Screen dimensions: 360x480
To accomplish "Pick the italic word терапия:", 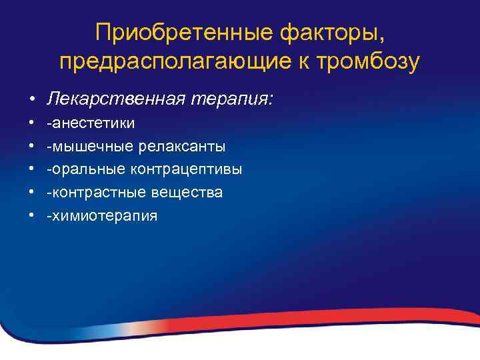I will tap(231, 99).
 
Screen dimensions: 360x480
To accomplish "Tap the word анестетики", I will tap(93, 123).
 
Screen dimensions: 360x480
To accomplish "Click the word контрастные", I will tap(99, 193).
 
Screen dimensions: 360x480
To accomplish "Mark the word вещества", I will tap(190, 193).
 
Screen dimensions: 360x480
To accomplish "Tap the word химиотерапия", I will tap(103, 216).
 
